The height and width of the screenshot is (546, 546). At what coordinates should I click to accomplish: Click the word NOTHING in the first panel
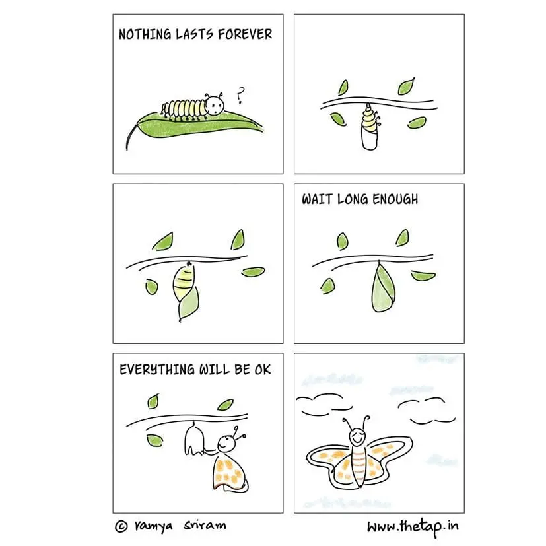(x=145, y=34)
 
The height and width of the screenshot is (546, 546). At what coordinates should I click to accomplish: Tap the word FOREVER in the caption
(x=245, y=34)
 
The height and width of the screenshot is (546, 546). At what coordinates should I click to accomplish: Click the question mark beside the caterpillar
(x=240, y=94)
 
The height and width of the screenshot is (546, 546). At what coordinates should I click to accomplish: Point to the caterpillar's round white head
(x=215, y=105)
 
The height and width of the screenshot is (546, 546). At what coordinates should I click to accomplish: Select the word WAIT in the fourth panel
(x=317, y=199)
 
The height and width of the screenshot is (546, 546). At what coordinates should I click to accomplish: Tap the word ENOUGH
(x=395, y=199)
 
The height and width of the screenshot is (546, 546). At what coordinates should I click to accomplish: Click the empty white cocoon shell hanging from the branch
(x=193, y=439)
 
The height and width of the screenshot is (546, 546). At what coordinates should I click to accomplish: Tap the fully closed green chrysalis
(x=383, y=287)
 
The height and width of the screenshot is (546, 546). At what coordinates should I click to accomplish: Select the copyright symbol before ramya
(x=121, y=526)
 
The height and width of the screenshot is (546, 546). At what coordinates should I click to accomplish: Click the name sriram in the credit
(x=205, y=525)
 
